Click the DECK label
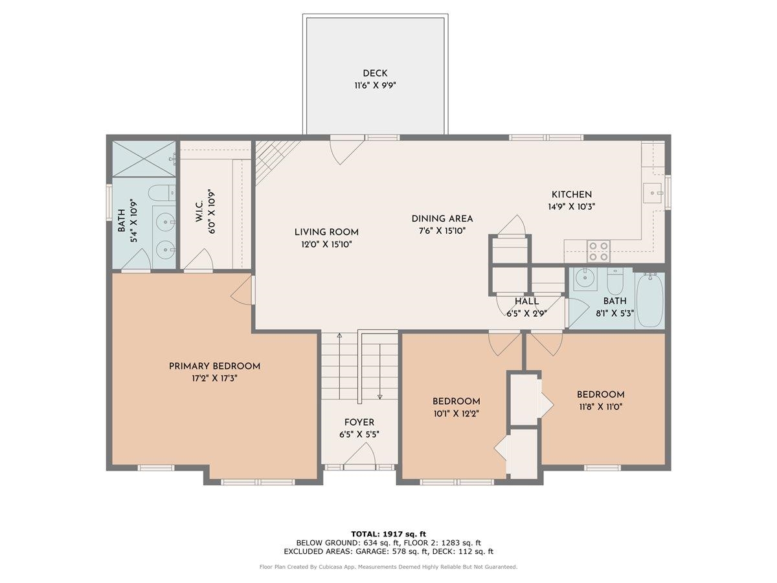375,73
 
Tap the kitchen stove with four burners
598,251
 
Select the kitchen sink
652,193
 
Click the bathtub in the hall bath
649,301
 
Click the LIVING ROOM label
326,232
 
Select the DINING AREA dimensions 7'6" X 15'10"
442,230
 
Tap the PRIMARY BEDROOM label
214,366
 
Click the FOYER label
359,422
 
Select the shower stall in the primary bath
144,158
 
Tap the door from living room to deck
346,150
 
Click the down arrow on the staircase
379,396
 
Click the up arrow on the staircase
339,336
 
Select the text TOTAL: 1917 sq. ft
388,533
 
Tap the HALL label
526,301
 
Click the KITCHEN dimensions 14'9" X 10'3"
571,207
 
